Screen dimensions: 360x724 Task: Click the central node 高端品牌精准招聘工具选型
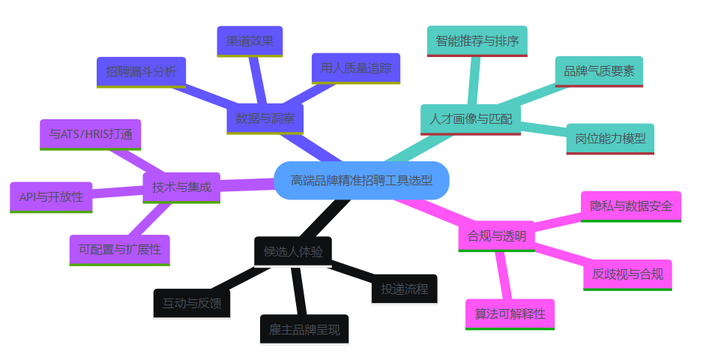click(x=361, y=181)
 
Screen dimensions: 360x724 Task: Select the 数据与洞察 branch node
click(x=265, y=118)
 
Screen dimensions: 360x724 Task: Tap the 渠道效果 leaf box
click(x=250, y=41)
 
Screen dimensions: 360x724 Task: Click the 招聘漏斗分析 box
click(x=142, y=72)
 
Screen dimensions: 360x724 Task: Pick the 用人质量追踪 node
click(x=356, y=67)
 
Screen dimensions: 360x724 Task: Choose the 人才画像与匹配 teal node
click(x=470, y=118)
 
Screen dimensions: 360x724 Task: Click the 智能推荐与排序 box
click(x=477, y=40)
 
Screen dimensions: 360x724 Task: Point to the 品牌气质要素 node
click(x=599, y=71)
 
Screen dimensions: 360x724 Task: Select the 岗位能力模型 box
click(x=610, y=139)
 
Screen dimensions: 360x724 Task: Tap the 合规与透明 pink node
click(x=496, y=235)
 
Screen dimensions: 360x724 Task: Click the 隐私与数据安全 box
click(x=631, y=205)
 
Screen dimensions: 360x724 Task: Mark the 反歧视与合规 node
click(x=627, y=274)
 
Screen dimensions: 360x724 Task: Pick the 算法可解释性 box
click(x=510, y=313)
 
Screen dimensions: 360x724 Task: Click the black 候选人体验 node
click(x=293, y=251)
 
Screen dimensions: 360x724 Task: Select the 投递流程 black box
click(x=404, y=289)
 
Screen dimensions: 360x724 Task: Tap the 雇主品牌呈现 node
click(x=304, y=328)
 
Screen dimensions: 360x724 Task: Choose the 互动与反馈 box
click(x=192, y=303)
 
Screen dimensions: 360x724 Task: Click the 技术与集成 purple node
click(x=181, y=187)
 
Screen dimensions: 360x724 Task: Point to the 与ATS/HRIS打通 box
click(x=91, y=134)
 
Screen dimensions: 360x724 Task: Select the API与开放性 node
click(x=52, y=196)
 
